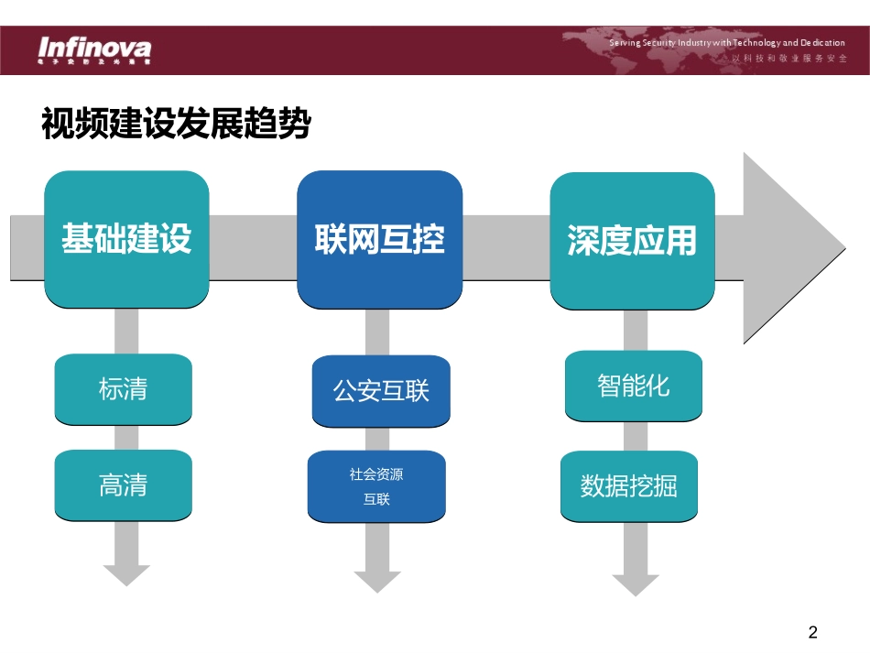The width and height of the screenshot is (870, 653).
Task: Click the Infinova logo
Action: click(x=94, y=47)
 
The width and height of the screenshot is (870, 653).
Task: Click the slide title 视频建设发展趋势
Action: click(x=176, y=124)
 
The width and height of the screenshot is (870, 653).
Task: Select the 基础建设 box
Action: click(x=126, y=239)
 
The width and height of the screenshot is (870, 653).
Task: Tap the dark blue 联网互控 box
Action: click(x=379, y=239)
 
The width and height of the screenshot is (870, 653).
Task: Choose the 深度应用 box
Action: click(x=631, y=240)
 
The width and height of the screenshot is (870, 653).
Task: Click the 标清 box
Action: click(x=124, y=389)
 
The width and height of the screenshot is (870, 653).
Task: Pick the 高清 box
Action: click(x=124, y=484)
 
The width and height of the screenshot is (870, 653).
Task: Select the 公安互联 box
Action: click(x=380, y=391)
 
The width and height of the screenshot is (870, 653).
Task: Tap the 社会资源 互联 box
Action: click(x=376, y=486)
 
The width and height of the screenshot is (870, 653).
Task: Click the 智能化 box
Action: click(x=633, y=386)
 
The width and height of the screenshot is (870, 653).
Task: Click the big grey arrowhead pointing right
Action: click(x=791, y=248)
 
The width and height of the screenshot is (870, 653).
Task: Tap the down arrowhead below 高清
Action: click(x=126, y=574)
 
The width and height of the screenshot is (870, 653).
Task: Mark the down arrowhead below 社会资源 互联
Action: click(x=377, y=581)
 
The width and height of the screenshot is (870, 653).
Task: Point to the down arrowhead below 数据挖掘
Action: click(x=636, y=583)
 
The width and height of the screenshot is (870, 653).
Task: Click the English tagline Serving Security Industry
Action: click(x=727, y=43)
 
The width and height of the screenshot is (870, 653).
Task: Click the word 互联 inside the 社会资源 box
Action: click(x=376, y=500)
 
